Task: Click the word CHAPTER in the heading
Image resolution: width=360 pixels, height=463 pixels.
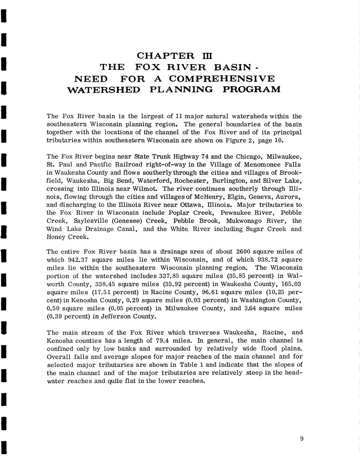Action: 166,56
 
